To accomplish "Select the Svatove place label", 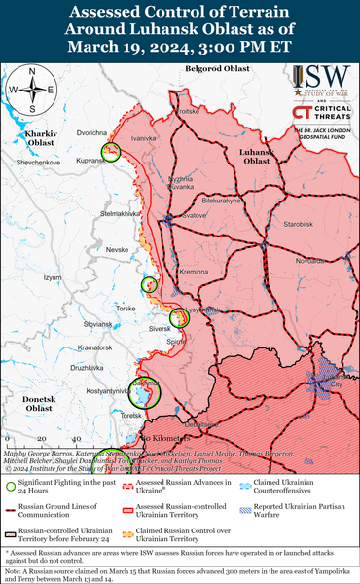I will pyautogui.click(x=195, y=214).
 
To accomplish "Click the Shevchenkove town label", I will pyautogui.click(x=35, y=162).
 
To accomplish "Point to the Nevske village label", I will pyautogui.click(x=117, y=250).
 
